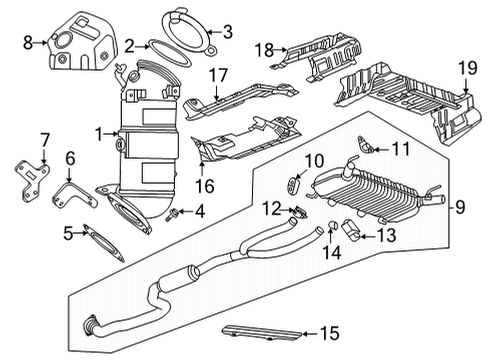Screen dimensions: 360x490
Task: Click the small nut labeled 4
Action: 175,213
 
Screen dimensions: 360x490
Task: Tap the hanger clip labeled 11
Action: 369,150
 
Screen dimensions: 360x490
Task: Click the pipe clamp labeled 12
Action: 295,211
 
